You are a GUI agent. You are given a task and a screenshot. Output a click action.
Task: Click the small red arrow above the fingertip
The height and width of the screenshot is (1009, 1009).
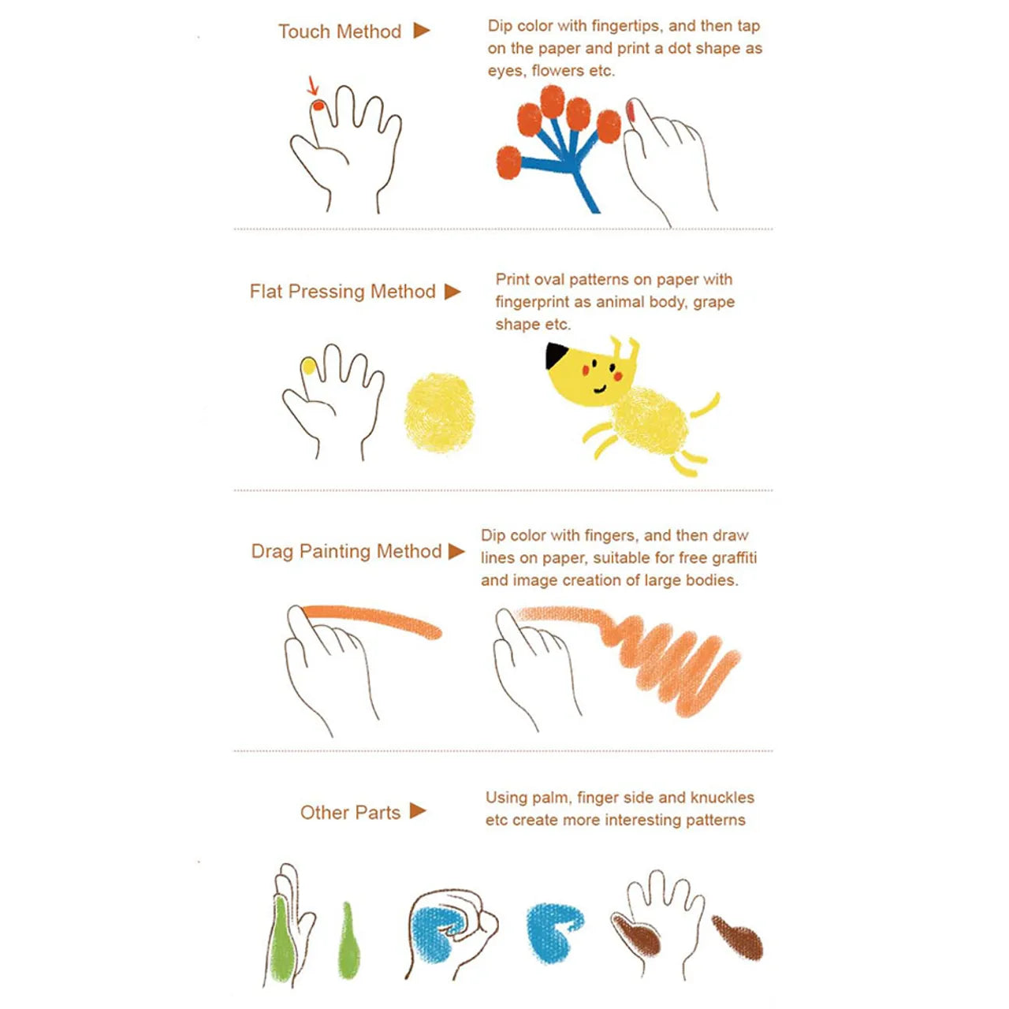click(313, 85)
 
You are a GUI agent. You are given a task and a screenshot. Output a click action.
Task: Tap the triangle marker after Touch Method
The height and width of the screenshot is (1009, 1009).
click(422, 31)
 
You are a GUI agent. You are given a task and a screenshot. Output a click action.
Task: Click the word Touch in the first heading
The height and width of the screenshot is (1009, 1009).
click(303, 32)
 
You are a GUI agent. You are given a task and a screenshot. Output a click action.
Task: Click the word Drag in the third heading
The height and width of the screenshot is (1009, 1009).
click(272, 551)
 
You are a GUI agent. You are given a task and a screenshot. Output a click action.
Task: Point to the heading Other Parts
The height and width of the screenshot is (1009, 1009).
click(350, 813)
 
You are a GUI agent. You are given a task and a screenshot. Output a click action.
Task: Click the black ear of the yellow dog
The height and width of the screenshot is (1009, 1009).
click(556, 355)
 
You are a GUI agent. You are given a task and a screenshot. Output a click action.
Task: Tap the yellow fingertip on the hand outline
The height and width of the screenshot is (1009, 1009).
click(308, 366)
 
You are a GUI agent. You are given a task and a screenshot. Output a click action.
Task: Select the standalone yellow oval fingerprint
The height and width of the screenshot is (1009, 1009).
click(439, 412)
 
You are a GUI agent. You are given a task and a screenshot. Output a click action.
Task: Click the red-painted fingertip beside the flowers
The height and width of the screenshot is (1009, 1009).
click(631, 110)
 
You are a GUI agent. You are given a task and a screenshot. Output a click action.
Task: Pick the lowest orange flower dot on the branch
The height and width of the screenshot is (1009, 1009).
click(508, 162)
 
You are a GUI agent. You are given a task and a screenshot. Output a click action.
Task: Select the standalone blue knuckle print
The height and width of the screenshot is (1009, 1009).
click(553, 931)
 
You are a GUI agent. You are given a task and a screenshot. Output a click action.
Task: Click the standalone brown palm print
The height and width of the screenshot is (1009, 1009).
click(739, 936)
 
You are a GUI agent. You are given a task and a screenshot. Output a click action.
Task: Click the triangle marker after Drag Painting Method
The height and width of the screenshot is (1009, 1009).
click(456, 551)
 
